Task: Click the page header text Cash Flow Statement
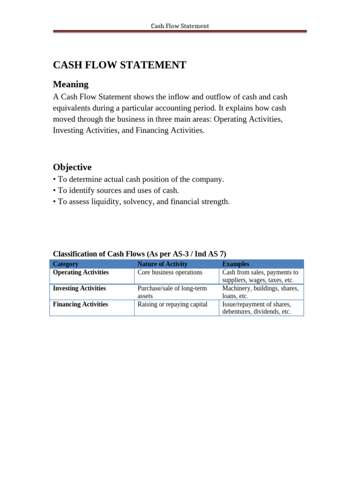point(180,26)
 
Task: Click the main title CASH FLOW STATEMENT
point(120,65)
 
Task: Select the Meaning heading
point(71,84)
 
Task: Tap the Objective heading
point(72,167)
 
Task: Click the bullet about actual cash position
point(138,179)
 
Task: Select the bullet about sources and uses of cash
point(116,190)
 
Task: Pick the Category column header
point(66,264)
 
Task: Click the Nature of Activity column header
point(162,264)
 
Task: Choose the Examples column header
point(236,264)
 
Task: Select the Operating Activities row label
point(81,272)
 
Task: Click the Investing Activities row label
point(79,288)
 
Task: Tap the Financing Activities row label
point(80,304)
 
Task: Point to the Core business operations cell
point(170,272)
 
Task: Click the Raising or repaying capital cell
point(172,304)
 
